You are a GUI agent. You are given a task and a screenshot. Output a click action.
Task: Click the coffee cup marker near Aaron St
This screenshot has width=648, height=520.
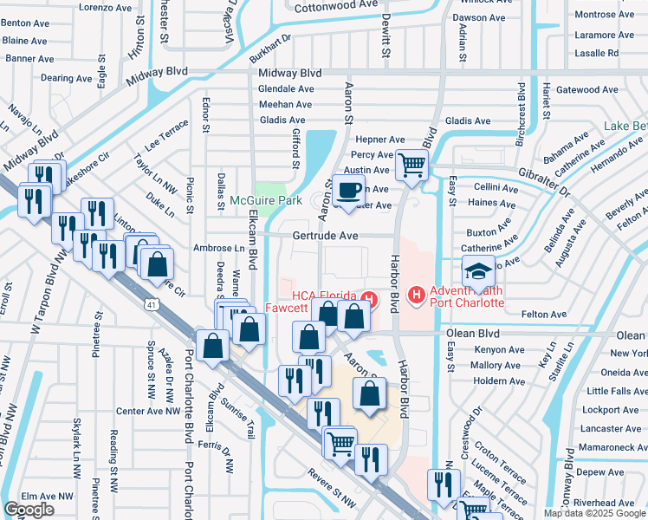pos(349,191)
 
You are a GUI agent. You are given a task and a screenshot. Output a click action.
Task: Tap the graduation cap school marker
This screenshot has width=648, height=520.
pos(479,271)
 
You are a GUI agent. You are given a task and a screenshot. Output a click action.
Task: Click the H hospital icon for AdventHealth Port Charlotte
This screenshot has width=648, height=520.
pos(418,296)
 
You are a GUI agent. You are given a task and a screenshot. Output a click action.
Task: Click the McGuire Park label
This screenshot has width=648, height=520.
pos(265,201)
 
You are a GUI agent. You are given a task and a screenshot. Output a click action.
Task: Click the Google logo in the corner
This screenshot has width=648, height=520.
pos(29,510)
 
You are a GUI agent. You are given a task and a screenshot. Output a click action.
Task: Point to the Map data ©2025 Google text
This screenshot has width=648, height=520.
pos(593,513)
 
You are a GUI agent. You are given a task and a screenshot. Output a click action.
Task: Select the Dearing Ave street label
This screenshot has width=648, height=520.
pos(66,78)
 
